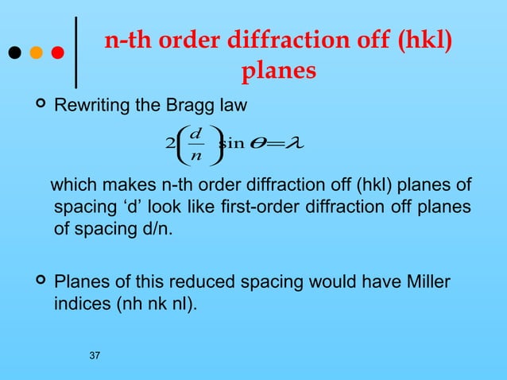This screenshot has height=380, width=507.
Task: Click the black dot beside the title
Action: (14, 54)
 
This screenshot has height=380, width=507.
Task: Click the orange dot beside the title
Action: (36, 54)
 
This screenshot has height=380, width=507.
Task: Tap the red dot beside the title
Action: (57, 54)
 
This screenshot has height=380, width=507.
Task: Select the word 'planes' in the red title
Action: (278, 71)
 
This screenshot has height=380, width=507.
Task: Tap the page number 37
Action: (95, 355)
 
